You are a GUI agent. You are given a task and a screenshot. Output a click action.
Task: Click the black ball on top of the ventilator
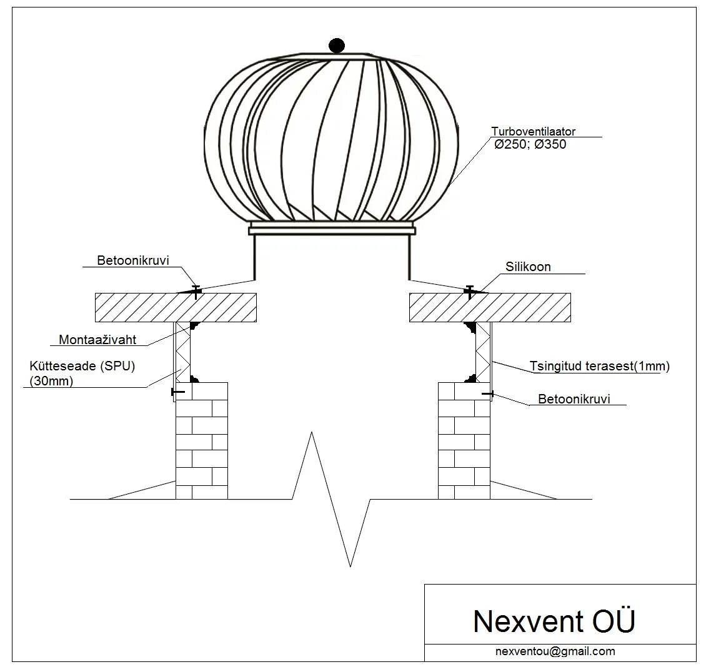pyautogui.click(x=336, y=45)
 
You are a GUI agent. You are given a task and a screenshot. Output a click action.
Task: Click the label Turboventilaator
pyautogui.click(x=533, y=132)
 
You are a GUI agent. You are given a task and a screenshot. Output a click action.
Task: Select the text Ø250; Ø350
pyautogui.click(x=530, y=144)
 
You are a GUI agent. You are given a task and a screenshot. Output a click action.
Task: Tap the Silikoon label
pyautogui.click(x=528, y=267)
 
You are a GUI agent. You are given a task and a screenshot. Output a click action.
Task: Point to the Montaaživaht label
pyautogui.click(x=97, y=340)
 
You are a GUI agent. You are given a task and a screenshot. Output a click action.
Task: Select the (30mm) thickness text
pyautogui.click(x=51, y=381)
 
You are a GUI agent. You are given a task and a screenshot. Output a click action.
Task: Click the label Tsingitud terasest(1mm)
pyautogui.click(x=599, y=367)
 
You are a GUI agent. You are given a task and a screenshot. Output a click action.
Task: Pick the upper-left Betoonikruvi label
pyautogui.click(x=133, y=260)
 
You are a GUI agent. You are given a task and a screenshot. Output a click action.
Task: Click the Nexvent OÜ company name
pyautogui.click(x=554, y=621)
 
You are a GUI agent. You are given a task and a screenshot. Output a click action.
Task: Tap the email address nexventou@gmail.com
pyautogui.click(x=555, y=651)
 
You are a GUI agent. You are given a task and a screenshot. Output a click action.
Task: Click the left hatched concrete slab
pyautogui.click(x=176, y=307)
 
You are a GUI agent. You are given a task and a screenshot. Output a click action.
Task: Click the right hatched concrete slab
pyautogui.click(x=490, y=307)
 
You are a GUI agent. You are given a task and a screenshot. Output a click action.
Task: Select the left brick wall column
pyautogui.click(x=201, y=441)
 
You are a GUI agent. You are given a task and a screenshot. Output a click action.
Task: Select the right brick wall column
pyautogui.click(x=464, y=441)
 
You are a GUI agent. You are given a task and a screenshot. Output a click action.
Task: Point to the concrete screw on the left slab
pyautogui.click(x=196, y=290)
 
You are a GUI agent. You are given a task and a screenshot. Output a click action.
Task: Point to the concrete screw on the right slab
pyautogui.click(x=469, y=290)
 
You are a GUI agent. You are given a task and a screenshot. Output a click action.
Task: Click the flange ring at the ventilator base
pyautogui.click(x=331, y=229)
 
